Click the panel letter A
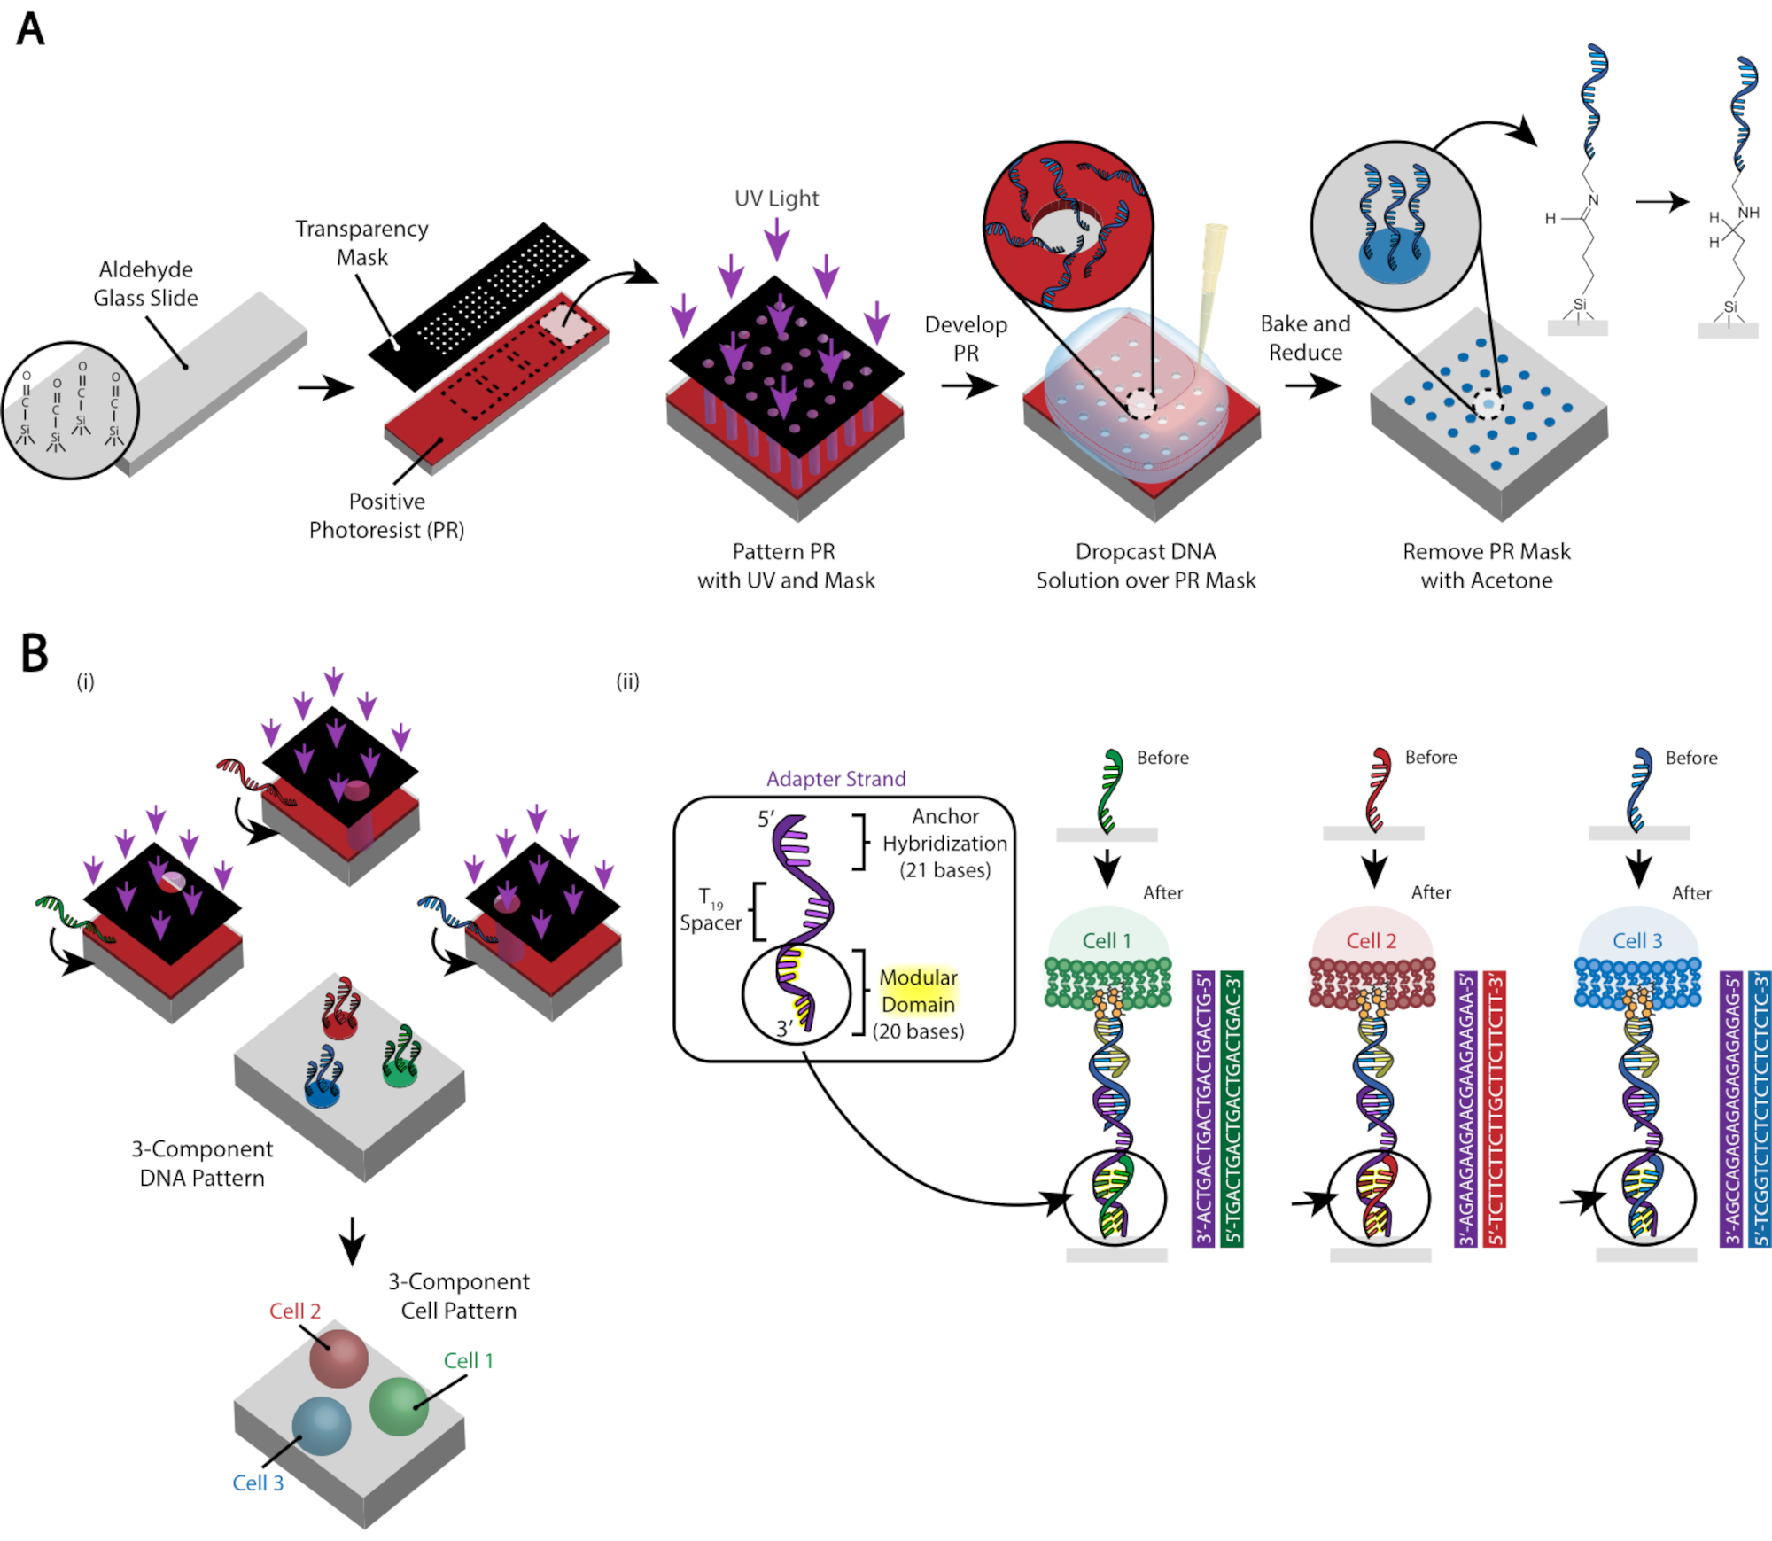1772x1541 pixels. click(x=30, y=28)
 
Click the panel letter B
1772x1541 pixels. click(x=34, y=653)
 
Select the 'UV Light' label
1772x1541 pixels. click(x=776, y=198)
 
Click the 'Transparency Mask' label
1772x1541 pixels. click(x=361, y=243)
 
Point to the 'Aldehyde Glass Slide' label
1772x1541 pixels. click(x=145, y=284)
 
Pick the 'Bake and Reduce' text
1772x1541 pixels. click(x=1305, y=338)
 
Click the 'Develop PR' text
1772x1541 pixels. click(x=966, y=339)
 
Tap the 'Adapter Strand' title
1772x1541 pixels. click(x=835, y=779)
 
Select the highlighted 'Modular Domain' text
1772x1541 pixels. click(x=918, y=991)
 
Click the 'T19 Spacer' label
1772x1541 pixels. click(x=710, y=911)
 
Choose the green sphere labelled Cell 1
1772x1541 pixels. click(x=399, y=1406)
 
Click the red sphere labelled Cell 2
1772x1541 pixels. click(x=338, y=1358)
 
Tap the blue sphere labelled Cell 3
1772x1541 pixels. click(x=322, y=1426)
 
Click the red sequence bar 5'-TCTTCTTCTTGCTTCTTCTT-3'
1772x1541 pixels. click(x=1494, y=1109)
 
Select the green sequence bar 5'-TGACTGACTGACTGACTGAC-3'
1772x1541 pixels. click(x=1232, y=1109)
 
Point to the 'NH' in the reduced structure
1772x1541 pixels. click(x=1748, y=213)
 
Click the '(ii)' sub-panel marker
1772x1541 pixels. click(x=627, y=681)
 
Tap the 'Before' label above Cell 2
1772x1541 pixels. click(x=1431, y=758)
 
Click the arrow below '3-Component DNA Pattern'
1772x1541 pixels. click(x=352, y=1241)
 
